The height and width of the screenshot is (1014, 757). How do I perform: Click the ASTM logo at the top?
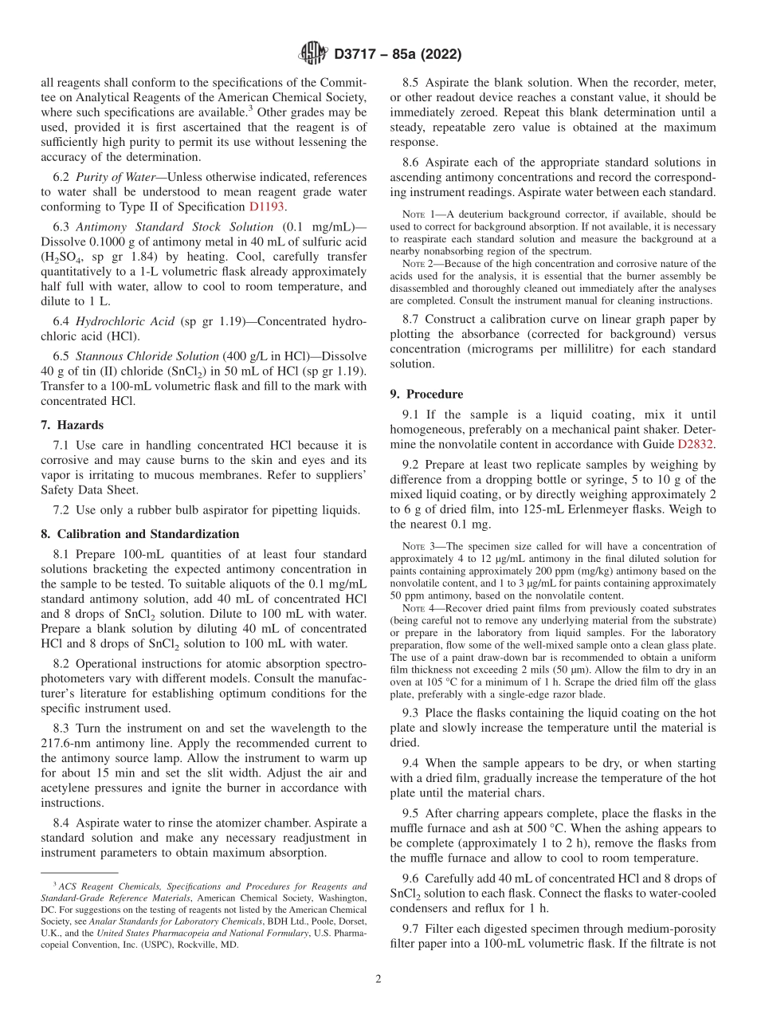pyautogui.click(x=312, y=53)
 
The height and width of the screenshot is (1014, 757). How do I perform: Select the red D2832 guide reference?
pyautogui.click(x=696, y=443)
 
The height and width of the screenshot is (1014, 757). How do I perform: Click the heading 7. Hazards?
pyautogui.click(x=77, y=425)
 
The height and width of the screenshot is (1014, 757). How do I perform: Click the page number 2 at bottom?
pyautogui.click(x=378, y=978)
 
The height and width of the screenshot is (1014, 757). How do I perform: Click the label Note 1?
pyautogui.click(x=422, y=214)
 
